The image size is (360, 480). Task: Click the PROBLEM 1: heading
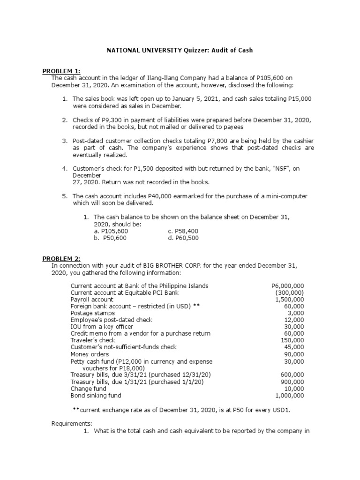click(x=61, y=71)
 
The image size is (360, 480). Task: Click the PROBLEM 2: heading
click(x=61, y=259)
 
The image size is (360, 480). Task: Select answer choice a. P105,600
click(x=111, y=231)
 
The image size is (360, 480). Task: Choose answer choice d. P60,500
click(x=183, y=238)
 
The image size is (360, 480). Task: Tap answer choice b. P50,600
click(x=111, y=238)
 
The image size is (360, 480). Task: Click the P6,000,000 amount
click(x=288, y=286)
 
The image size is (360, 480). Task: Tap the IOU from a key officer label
click(x=102, y=327)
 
